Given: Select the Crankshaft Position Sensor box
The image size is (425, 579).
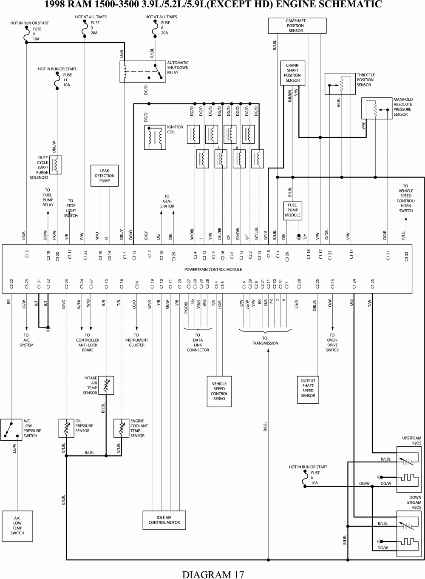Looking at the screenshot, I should (292, 73).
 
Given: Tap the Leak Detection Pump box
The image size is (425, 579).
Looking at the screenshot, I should (105, 176).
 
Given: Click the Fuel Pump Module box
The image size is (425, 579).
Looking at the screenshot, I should (292, 210).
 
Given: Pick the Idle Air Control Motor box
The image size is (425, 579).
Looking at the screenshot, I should (164, 520).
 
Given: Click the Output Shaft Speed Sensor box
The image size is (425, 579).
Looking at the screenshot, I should (308, 388).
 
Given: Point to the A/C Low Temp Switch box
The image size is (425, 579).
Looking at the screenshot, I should (17, 525).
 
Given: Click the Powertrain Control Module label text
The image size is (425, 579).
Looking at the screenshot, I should (213, 270).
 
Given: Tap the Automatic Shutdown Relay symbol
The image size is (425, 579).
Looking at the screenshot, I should (143, 71).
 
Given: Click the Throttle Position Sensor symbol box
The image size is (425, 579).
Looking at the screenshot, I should (340, 84).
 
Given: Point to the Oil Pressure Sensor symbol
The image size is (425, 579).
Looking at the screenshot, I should (67, 428).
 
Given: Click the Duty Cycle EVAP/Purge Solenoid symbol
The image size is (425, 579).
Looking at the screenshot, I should (56, 165).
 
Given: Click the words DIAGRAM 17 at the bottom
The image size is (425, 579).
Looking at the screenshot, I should (213, 574).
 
